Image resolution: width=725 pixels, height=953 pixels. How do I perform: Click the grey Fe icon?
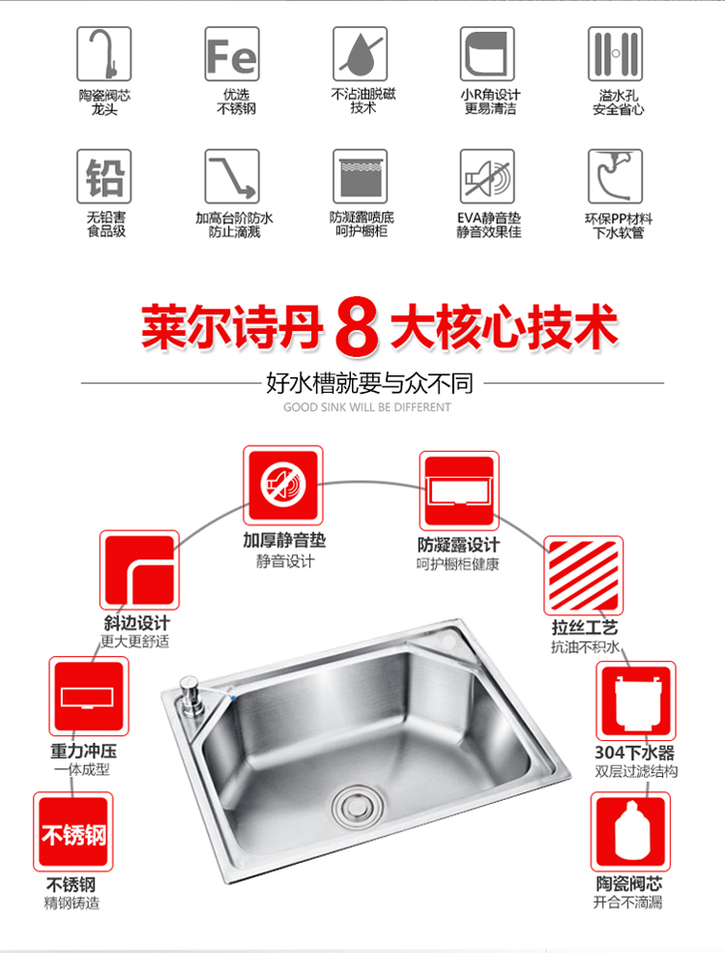(x=232, y=54)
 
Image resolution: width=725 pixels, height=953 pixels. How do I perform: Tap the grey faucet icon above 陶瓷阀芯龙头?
(x=103, y=54)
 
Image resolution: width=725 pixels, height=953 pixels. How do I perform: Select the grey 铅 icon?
(x=103, y=176)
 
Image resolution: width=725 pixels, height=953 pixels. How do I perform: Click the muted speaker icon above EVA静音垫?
(x=487, y=176)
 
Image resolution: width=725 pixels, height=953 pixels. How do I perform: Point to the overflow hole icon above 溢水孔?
(x=615, y=54)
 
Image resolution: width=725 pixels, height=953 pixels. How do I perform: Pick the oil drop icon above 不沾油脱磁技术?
(x=360, y=54)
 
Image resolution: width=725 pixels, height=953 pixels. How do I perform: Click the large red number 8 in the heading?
(x=357, y=326)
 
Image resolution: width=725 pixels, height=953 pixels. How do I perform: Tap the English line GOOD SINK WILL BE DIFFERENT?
(x=366, y=407)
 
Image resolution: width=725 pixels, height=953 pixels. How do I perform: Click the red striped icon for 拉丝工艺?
(x=584, y=575)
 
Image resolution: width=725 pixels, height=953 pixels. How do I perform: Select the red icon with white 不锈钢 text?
(x=72, y=831)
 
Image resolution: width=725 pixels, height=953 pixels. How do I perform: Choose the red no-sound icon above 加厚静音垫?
(x=283, y=486)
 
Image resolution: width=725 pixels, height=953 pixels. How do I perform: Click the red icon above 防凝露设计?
(x=459, y=491)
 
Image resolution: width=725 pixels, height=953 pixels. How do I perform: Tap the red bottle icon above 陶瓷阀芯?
(x=631, y=831)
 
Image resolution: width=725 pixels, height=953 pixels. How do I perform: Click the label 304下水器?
(x=634, y=753)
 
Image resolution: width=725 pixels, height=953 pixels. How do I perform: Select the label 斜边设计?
(x=136, y=622)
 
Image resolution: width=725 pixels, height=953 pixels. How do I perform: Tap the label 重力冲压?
(x=83, y=751)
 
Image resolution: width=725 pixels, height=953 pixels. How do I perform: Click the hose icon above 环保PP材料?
(x=615, y=176)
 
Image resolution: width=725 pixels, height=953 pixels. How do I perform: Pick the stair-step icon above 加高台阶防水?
(x=232, y=176)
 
